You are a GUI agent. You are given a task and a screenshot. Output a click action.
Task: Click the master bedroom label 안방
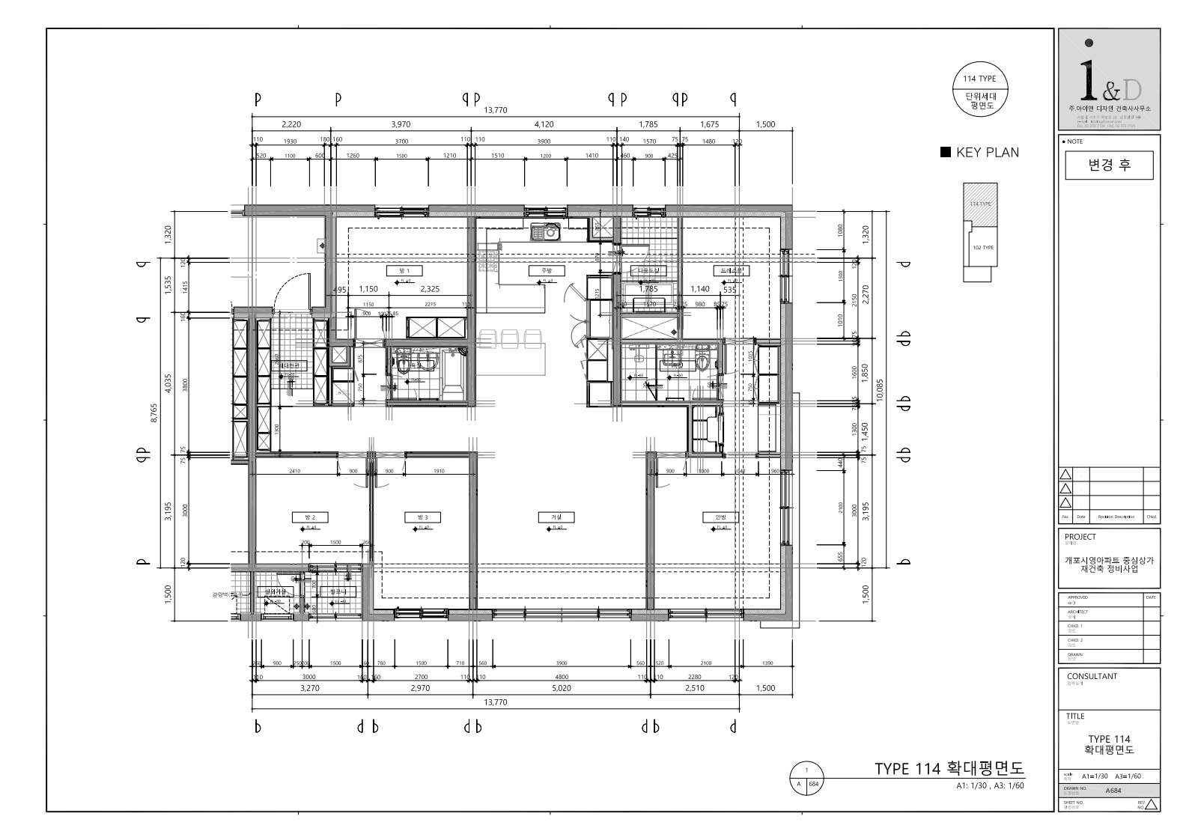tap(720, 517)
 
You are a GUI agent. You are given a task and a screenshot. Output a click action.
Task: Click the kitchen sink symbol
tap(545, 232)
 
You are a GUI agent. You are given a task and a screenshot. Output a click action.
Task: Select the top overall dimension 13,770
tap(496, 110)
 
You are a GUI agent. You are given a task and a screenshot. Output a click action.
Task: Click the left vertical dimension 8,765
tap(154, 413)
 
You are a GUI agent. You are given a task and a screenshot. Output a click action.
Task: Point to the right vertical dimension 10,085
tap(880, 389)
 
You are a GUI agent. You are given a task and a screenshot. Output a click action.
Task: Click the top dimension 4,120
tap(544, 124)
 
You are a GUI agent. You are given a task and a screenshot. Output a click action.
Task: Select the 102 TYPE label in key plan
tap(982, 247)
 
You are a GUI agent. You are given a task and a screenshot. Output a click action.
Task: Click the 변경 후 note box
tap(1109, 165)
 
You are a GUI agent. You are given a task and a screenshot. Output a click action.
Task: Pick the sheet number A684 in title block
tap(1113, 790)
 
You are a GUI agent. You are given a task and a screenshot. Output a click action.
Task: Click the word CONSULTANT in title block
tap(1092, 676)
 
